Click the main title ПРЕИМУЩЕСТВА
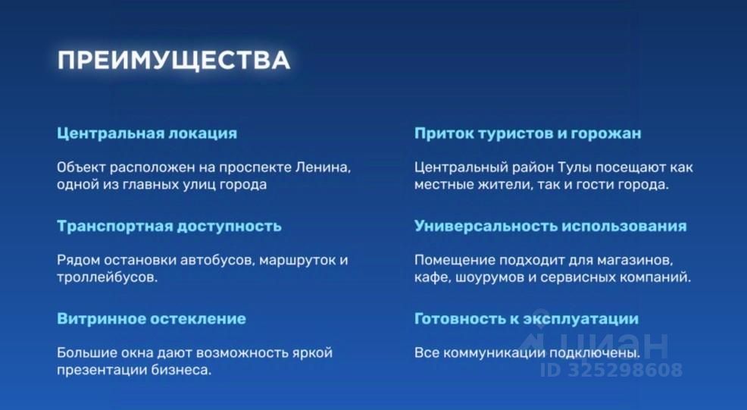173,61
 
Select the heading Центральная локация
147,133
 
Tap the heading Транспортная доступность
169,226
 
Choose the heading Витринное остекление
152,318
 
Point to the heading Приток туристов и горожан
527,133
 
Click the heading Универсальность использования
550,226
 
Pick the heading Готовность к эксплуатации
527,318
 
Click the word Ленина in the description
323,167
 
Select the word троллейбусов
107,277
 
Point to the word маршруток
297,261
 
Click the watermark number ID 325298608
611,370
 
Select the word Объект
81,167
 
